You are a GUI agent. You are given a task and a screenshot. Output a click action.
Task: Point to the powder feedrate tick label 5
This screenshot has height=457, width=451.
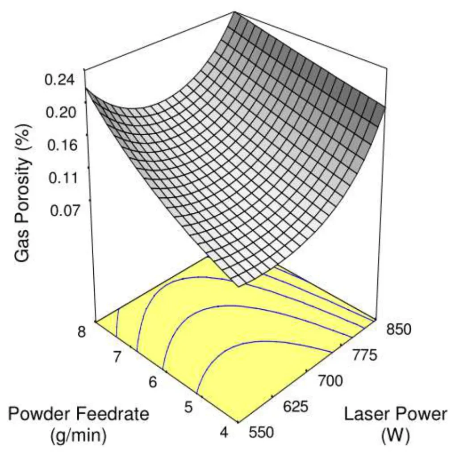188,407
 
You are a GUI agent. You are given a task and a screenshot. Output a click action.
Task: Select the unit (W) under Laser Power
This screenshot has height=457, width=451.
395,436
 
